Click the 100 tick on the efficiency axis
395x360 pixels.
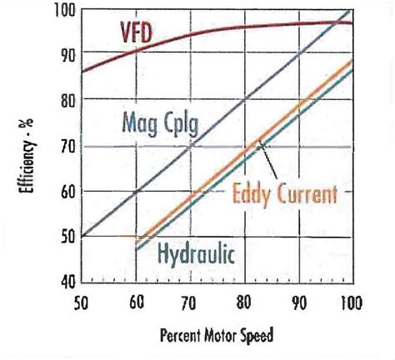pos(63,11)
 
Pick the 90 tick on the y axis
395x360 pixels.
pos(66,54)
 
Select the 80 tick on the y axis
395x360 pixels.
pos(66,101)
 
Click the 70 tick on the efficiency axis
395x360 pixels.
pos(66,147)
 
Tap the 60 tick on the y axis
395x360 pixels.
pos(66,191)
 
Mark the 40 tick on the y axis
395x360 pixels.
pos(66,282)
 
